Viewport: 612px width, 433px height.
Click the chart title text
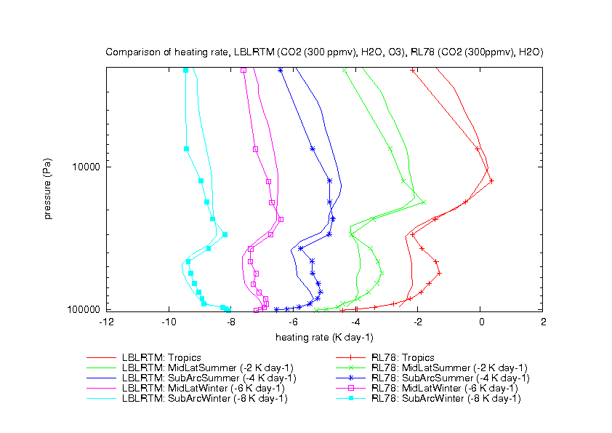(325, 52)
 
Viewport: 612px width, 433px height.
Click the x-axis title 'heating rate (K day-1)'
(324, 337)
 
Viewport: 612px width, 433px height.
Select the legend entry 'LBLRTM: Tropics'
(157, 357)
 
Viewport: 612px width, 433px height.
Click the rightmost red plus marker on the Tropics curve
(491, 181)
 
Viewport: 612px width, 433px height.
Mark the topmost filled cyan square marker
(185, 70)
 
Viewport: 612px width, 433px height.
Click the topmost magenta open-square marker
(243, 70)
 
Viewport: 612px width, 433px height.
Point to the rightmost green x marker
(423, 202)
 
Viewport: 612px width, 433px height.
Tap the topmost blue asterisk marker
(281, 70)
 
